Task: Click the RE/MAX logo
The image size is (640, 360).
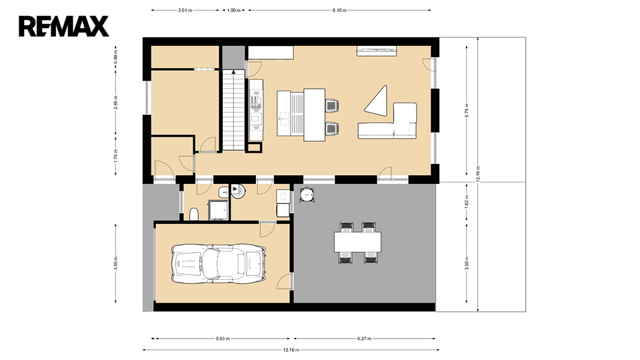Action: (x=64, y=27)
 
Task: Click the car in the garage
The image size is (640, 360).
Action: (x=218, y=264)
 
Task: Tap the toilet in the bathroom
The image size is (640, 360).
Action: (x=194, y=214)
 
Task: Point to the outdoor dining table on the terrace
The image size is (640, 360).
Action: (x=357, y=242)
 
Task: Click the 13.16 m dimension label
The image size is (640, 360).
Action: (x=291, y=350)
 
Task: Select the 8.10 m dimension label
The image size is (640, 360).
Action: (x=339, y=10)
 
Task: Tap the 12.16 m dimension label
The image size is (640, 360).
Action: (x=477, y=173)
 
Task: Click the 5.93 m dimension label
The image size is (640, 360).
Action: (x=222, y=339)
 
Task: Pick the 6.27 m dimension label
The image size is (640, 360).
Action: (x=364, y=339)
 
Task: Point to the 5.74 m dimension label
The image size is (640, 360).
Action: (x=467, y=111)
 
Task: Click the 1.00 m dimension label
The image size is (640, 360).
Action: (x=233, y=10)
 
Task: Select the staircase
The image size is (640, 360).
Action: (x=233, y=110)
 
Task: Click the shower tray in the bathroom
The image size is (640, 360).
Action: (x=219, y=210)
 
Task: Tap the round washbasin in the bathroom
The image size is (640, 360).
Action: (x=239, y=191)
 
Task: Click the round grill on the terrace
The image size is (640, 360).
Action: (x=307, y=195)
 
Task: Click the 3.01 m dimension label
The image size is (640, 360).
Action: (x=185, y=10)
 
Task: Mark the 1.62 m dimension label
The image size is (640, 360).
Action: (x=467, y=201)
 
